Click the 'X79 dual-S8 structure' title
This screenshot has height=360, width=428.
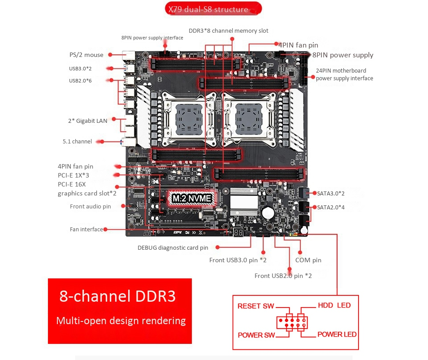click(208, 9)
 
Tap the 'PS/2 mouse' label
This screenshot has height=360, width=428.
click(86, 55)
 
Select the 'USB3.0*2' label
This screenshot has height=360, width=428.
click(80, 69)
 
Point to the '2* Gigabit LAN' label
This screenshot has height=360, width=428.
click(87, 121)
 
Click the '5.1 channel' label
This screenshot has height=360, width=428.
click(77, 142)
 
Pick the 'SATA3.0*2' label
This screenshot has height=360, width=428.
click(331, 193)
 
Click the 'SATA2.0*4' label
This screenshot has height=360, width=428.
click(331, 207)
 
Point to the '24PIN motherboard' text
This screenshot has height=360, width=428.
click(341, 70)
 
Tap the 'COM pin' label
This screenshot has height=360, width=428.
click(308, 260)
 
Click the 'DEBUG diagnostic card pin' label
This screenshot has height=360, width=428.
click(173, 247)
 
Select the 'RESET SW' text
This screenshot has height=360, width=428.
click(255, 306)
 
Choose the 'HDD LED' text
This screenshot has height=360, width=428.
click(334, 305)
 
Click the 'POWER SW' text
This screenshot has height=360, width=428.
click(256, 335)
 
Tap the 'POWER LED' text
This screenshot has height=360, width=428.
click(337, 334)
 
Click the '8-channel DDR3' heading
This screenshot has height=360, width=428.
click(117, 297)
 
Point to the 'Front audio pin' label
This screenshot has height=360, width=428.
click(90, 207)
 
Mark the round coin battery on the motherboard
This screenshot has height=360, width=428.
click(268, 211)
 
